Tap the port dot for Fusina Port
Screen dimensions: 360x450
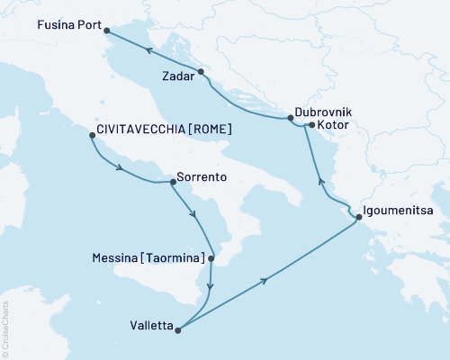[108, 31]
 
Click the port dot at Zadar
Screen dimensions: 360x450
[201, 72]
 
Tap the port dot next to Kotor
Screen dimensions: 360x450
[310, 126]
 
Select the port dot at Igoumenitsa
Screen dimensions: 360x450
[359, 217]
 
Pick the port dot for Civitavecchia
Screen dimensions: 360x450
[92, 136]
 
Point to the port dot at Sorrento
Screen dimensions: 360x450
[173, 182]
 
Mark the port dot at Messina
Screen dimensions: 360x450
[211, 259]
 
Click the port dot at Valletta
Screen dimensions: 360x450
[177, 330]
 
